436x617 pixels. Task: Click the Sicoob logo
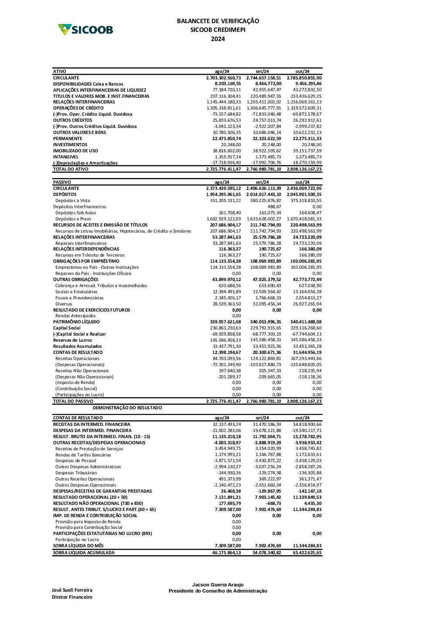[85, 30]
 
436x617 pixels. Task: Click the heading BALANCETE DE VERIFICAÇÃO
[218, 21]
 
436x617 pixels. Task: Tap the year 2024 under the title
[218, 39]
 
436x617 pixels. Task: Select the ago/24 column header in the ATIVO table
[222, 72]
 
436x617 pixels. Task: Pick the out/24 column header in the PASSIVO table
[302, 182]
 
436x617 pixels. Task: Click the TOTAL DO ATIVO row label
[71, 169]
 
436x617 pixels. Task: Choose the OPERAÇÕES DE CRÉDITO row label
[78, 108]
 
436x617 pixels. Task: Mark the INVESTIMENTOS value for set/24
[271, 145]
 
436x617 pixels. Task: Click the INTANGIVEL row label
[66, 157]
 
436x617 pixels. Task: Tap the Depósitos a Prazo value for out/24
[304, 219]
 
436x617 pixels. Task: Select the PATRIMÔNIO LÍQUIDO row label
[76, 322]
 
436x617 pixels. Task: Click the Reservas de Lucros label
[72, 340]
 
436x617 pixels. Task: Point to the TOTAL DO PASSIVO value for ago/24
[223, 401]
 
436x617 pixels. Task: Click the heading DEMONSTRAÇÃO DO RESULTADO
[127, 408]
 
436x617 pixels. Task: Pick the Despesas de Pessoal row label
[76, 461]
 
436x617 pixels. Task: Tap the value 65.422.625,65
[307, 553]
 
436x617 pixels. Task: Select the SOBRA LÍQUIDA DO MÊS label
[78, 546]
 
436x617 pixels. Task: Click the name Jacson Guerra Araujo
[218, 585]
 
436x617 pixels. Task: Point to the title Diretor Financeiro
[72, 597]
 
